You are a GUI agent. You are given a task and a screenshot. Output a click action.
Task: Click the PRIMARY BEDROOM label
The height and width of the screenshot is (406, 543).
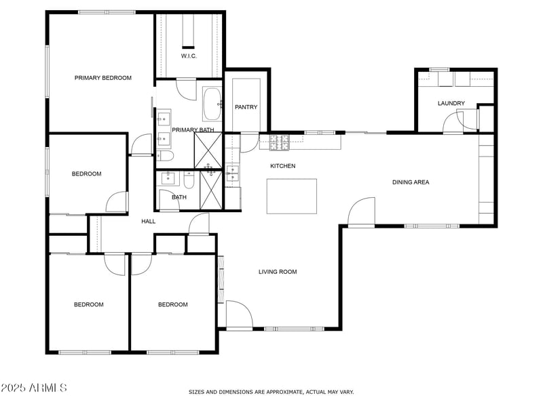click(x=103, y=78)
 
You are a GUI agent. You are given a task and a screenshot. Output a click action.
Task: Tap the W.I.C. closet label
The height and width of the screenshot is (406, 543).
click(x=189, y=56)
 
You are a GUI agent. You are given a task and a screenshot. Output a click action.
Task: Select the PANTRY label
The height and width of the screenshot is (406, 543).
click(x=245, y=107)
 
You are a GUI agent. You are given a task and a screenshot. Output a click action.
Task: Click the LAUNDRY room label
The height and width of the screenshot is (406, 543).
click(x=451, y=103)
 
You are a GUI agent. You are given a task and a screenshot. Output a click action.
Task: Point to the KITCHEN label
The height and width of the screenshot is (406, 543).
click(x=283, y=166)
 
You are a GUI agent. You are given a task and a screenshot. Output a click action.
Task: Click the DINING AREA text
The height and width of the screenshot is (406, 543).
click(x=411, y=182)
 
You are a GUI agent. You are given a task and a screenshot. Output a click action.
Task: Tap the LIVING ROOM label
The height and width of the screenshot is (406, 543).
click(x=278, y=272)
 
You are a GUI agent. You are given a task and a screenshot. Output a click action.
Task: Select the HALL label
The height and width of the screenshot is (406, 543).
click(x=148, y=221)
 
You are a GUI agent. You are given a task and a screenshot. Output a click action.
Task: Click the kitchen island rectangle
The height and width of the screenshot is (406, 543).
click(x=292, y=196)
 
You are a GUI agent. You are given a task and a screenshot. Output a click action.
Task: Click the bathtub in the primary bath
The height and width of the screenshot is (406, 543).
click(x=212, y=104)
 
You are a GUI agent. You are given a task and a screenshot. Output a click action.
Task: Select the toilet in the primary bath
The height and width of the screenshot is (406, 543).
click(x=164, y=157)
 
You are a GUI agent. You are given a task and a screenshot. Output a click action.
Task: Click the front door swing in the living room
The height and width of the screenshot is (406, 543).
click(x=238, y=314)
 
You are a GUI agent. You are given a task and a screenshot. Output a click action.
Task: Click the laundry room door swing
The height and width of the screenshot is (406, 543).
click(x=453, y=122)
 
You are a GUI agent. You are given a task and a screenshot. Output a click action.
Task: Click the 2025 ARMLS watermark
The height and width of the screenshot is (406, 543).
click(x=34, y=388)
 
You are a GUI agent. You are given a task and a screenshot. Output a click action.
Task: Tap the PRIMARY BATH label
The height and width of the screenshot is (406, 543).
click(x=193, y=129)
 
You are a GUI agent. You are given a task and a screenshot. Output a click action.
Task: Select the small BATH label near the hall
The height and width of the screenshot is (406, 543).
click(x=179, y=197)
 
